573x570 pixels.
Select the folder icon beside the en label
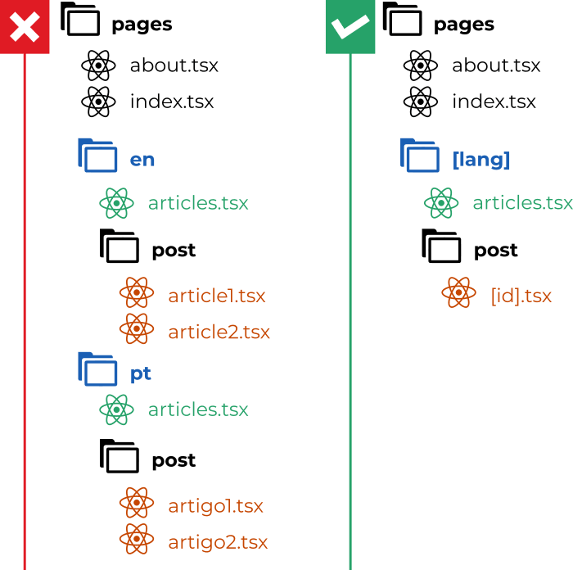(98, 156)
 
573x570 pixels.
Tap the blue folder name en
(142, 160)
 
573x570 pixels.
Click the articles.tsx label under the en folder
(198, 203)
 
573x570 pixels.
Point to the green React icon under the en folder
(116, 203)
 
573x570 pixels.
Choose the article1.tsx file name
(217, 296)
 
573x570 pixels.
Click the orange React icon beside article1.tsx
(137, 293)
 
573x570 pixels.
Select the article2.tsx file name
(219, 332)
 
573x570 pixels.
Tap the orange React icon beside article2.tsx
(137, 328)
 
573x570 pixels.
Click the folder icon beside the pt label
(98, 369)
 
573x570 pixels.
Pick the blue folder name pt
(141, 374)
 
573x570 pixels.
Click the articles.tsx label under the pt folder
(198, 409)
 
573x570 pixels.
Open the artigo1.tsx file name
(215, 506)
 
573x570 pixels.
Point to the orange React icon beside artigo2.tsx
(137, 539)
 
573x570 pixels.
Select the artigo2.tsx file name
(218, 541)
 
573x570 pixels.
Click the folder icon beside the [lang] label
(421, 156)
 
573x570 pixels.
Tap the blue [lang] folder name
(481, 160)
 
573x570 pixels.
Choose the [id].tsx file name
(521, 295)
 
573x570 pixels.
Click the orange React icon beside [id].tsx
(458, 292)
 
